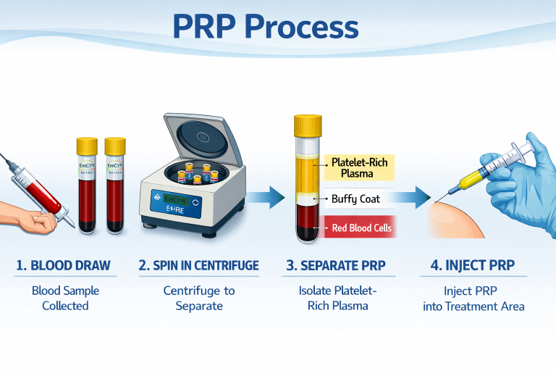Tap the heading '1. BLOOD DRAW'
[x=64, y=265]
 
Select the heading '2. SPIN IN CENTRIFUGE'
[x=198, y=265]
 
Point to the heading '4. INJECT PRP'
[x=473, y=265]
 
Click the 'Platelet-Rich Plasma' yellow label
[x=359, y=167]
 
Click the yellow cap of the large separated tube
[x=307, y=125]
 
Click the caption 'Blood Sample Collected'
[x=64, y=298]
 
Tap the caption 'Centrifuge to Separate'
[x=198, y=298]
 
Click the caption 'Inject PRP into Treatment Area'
[x=473, y=298]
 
